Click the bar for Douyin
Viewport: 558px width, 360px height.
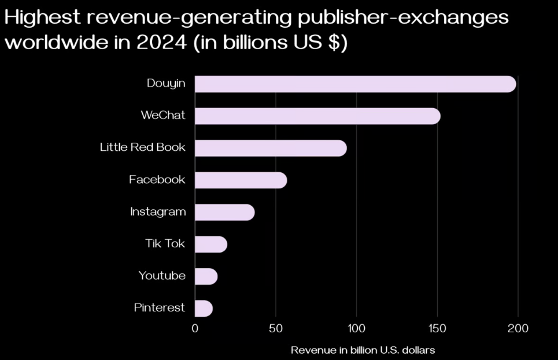coord(355,84)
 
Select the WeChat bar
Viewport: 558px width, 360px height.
coord(317,116)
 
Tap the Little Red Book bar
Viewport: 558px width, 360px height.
coord(271,148)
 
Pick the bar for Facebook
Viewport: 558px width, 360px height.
coord(241,180)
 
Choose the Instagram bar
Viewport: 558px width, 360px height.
coord(224,212)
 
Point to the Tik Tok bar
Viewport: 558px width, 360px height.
coord(210,244)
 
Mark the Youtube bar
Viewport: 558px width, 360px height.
coord(206,276)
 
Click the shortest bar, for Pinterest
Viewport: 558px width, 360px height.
coord(204,308)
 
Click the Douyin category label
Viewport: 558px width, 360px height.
coord(166,83)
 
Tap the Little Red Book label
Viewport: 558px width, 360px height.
coord(143,147)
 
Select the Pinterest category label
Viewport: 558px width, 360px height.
coord(160,308)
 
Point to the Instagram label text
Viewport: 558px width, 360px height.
coord(158,211)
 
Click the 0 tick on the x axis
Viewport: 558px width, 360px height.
coord(195,329)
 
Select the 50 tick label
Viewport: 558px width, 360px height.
coord(276,329)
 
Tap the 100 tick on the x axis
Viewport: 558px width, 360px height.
coord(356,329)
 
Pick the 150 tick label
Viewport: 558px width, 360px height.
coord(437,329)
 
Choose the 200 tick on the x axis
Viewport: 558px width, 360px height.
coord(518,329)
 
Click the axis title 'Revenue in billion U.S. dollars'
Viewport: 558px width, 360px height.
coord(363,350)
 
